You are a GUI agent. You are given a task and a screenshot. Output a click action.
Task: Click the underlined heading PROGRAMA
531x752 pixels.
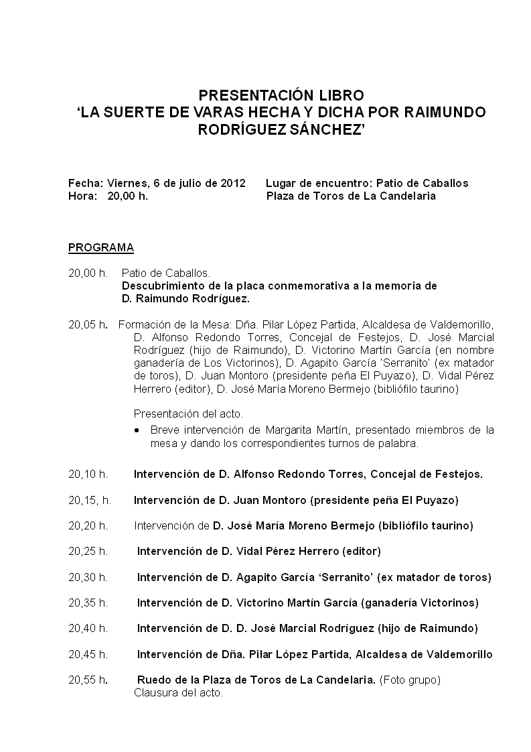click(101, 248)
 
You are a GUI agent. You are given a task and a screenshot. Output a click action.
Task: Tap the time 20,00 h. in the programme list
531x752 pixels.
click(88, 273)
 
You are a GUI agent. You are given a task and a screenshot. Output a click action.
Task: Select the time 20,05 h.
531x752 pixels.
click(88, 325)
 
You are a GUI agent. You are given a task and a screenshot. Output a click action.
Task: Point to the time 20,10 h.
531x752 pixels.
click(88, 475)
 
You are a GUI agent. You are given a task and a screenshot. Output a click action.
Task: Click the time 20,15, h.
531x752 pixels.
click(90, 500)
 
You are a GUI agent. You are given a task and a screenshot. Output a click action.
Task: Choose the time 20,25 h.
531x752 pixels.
click(88, 552)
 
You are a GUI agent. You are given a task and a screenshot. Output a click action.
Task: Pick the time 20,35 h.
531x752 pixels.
click(88, 603)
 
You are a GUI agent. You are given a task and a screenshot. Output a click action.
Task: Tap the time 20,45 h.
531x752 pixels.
click(88, 655)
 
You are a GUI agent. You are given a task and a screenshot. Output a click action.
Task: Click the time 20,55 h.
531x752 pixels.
click(88, 680)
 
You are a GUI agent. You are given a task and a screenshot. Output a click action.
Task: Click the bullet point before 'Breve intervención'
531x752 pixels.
click(137, 430)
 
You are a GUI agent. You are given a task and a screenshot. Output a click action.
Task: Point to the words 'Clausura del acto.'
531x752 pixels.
click(178, 693)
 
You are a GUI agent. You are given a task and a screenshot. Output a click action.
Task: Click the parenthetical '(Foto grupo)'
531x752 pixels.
click(410, 680)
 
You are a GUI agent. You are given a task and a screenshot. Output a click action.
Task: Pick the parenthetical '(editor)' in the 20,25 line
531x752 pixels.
click(361, 552)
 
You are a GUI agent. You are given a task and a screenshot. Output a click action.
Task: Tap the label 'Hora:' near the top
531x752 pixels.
click(82, 196)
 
